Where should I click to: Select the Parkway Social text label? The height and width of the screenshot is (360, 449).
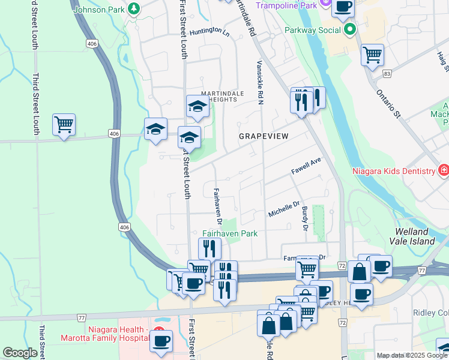[x=313, y=29]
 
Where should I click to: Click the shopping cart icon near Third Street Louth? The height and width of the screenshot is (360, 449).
[x=64, y=124]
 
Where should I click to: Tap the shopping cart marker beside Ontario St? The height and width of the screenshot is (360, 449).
[x=372, y=55]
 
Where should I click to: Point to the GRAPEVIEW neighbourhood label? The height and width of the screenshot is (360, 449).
[x=264, y=136]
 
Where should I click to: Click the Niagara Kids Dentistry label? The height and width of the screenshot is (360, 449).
[x=393, y=171]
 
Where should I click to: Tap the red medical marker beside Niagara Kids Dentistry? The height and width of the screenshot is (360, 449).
[x=443, y=171]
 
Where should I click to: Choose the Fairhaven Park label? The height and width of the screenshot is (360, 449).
[x=229, y=233]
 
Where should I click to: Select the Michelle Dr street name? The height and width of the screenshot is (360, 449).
[x=283, y=209]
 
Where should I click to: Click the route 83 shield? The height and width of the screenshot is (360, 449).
[x=388, y=73]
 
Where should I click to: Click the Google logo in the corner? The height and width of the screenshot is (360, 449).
[x=20, y=353]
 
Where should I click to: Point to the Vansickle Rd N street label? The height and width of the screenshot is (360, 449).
[x=261, y=82]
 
